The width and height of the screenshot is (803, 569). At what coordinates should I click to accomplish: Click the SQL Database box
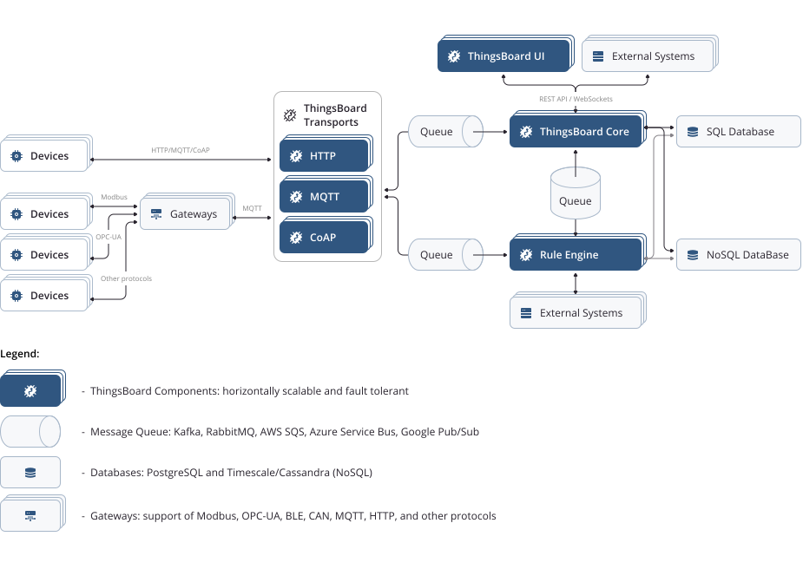click(x=738, y=132)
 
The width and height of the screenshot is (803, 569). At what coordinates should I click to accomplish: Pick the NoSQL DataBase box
click(x=738, y=255)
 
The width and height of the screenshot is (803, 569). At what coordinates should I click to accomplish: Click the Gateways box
click(x=186, y=214)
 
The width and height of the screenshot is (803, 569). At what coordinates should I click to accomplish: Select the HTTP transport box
click(x=325, y=156)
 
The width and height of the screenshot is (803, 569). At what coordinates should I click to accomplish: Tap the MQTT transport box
click(x=325, y=197)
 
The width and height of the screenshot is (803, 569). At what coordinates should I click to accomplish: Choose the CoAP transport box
click(x=325, y=238)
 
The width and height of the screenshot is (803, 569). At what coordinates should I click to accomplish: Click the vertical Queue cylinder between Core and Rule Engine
click(x=576, y=193)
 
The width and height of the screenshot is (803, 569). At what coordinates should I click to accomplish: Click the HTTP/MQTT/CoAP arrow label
click(x=181, y=150)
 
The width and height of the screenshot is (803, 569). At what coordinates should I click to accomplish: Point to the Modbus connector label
click(x=114, y=197)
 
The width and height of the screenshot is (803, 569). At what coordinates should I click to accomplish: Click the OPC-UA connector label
click(x=109, y=237)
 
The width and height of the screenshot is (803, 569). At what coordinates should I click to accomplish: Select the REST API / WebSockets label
click(x=576, y=100)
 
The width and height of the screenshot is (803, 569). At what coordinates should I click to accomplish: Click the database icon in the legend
click(x=30, y=473)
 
